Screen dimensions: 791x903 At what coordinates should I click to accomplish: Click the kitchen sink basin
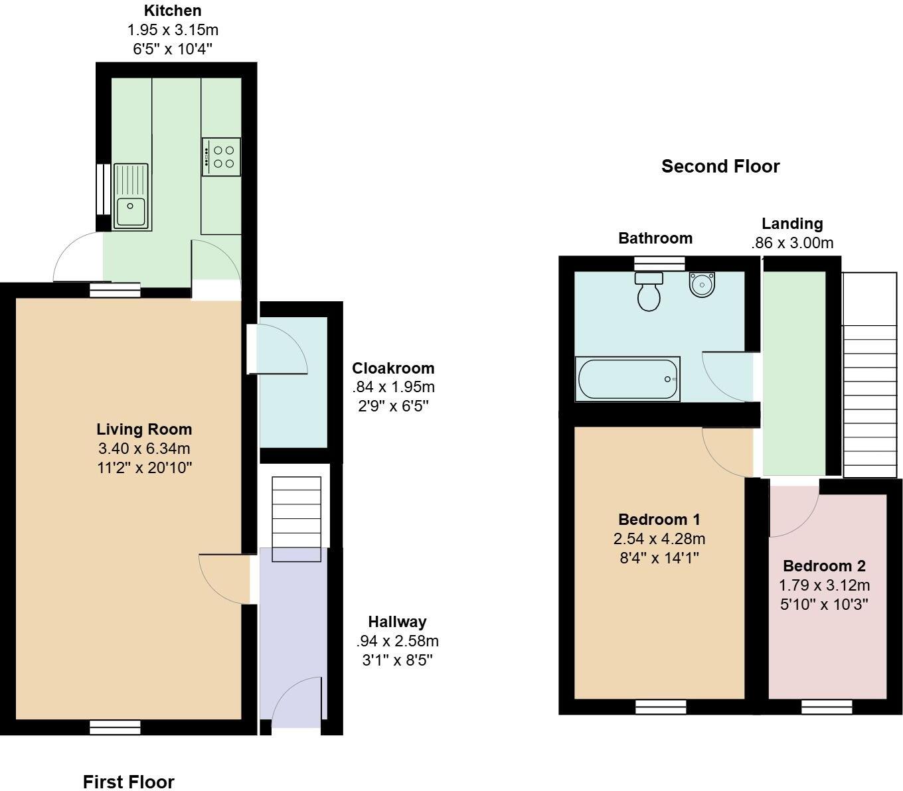click(x=131, y=211)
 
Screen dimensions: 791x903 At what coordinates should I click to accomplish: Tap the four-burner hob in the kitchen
click(x=222, y=157)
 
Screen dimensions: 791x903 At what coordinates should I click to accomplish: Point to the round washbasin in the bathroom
click(x=700, y=284)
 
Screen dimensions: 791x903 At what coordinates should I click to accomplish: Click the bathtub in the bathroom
click(x=627, y=379)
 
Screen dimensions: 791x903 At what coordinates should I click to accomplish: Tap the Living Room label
click(x=144, y=429)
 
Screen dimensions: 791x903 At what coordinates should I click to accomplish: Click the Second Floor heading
click(x=720, y=166)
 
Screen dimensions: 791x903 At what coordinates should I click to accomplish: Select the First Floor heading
click(x=128, y=782)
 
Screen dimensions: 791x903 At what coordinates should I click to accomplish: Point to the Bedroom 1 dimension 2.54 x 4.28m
click(x=659, y=538)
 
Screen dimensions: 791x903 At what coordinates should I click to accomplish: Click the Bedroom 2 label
click(x=824, y=566)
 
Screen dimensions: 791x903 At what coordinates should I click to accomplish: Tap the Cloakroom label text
click(x=393, y=368)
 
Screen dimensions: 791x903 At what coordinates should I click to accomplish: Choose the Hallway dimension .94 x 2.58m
click(x=397, y=641)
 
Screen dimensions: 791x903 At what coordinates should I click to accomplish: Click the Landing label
click(x=792, y=224)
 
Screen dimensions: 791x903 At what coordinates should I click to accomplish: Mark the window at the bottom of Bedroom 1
click(x=661, y=707)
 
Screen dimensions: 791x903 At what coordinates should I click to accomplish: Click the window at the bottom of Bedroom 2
click(x=827, y=707)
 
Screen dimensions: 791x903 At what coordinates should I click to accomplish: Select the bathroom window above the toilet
click(x=659, y=263)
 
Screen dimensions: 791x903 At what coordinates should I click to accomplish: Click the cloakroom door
click(x=279, y=348)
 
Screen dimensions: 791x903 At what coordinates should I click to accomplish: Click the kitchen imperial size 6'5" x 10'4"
click(x=173, y=48)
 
